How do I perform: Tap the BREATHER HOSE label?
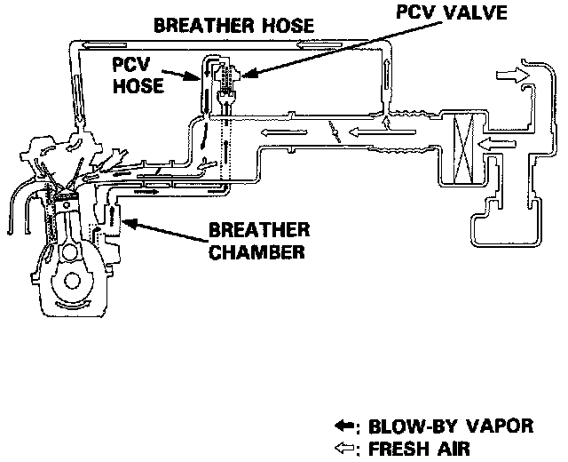234,25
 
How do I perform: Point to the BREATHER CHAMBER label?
256,240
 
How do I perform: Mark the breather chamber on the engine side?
114,219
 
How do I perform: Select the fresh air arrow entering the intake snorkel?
511,76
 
